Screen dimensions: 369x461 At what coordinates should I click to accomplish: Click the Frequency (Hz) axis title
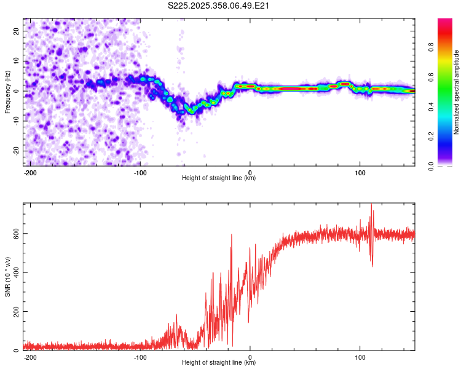pos(7,92)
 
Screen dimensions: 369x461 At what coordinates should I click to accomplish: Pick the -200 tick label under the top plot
pos(31,172)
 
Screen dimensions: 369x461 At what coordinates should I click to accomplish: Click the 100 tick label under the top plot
pos(360,172)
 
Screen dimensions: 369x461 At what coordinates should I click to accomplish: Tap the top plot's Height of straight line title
pos(219,178)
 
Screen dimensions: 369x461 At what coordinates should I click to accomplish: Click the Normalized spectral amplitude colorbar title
pos(457,92)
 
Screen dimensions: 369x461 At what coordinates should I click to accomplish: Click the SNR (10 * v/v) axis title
pos(7,277)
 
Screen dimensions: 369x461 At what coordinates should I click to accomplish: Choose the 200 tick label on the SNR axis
pos(15,312)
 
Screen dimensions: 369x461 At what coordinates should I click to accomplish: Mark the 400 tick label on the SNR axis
pos(15,272)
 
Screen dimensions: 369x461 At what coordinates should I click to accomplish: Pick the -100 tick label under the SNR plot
pos(140,357)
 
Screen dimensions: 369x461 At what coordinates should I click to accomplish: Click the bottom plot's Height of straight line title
pos(219,363)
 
